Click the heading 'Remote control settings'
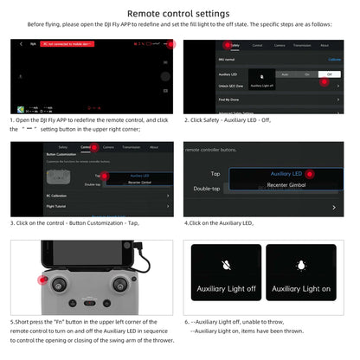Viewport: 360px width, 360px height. (x=179, y=14)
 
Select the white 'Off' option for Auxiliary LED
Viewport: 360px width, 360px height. (x=329, y=74)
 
